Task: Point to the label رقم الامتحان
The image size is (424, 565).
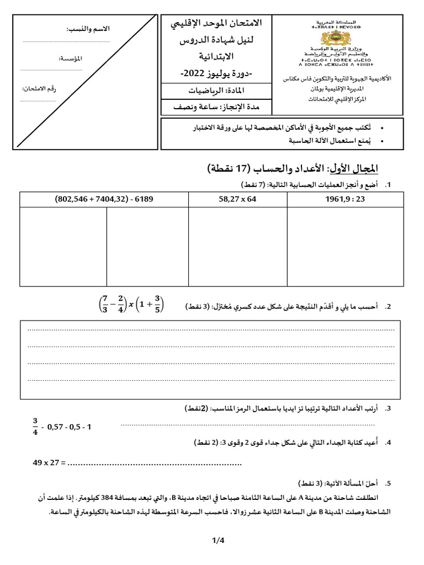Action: [39, 89]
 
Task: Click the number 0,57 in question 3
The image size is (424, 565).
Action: [57, 427]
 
